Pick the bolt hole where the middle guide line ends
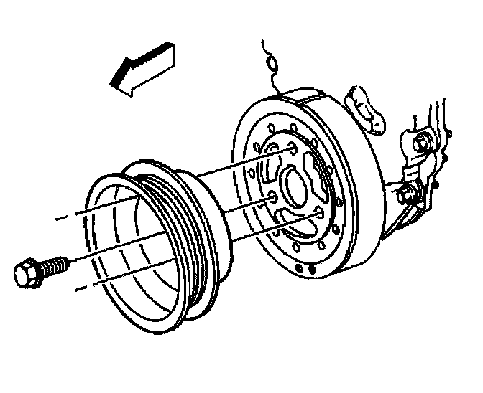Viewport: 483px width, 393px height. click(x=271, y=197)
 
